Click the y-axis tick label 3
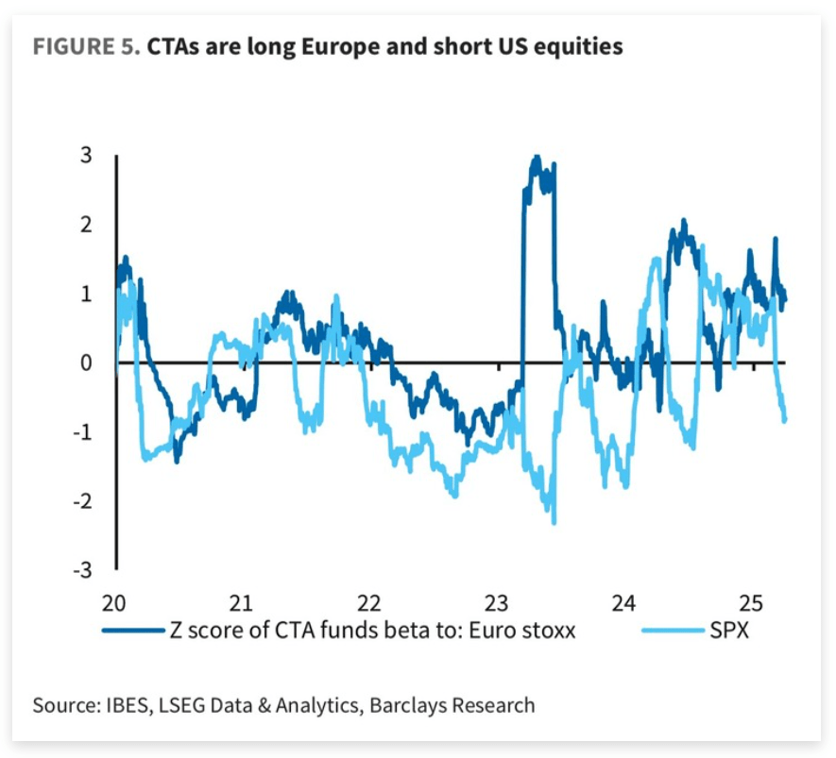(x=86, y=156)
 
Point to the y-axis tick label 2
(x=86, y=225)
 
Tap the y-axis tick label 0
(x=86, y=362)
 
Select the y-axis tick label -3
(x=82, y=569)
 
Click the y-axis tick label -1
(x=82, y=431)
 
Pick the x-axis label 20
(x=115, y=602)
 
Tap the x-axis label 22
(x=368, y=602)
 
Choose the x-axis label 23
(x=496, y=602)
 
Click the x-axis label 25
(x=750, y=602)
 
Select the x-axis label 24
(x=623, y=602)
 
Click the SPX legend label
(x=729, y=631)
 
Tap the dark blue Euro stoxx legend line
(x=132, y=631)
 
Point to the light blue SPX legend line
(x=672, y=631)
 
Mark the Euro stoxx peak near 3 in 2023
(x=537, y=158)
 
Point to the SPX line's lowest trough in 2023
(x=554, y=522)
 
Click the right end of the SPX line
(x=786, y=421)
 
